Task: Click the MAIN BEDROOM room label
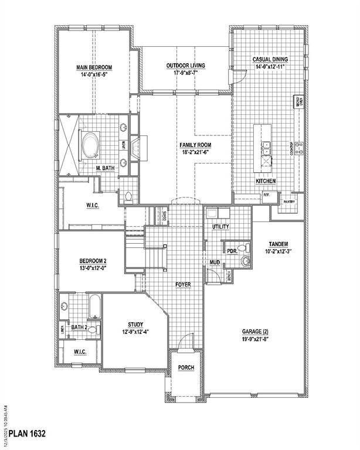[x=94, y=67]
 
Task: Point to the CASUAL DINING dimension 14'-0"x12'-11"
[x=269, y=67]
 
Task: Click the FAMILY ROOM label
[x=196, y=145]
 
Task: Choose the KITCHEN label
[x=265, y=182]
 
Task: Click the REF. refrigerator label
[x=266, y=195]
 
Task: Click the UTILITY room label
[x=220, y=227]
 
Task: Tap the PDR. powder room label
[x=231, y=250]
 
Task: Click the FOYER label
[x=184, y=285]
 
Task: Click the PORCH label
[x=185, y=367]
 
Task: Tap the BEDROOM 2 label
[x=93, y=261]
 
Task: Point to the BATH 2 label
[x=80, y=328]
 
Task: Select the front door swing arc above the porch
[x=186, y=340]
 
